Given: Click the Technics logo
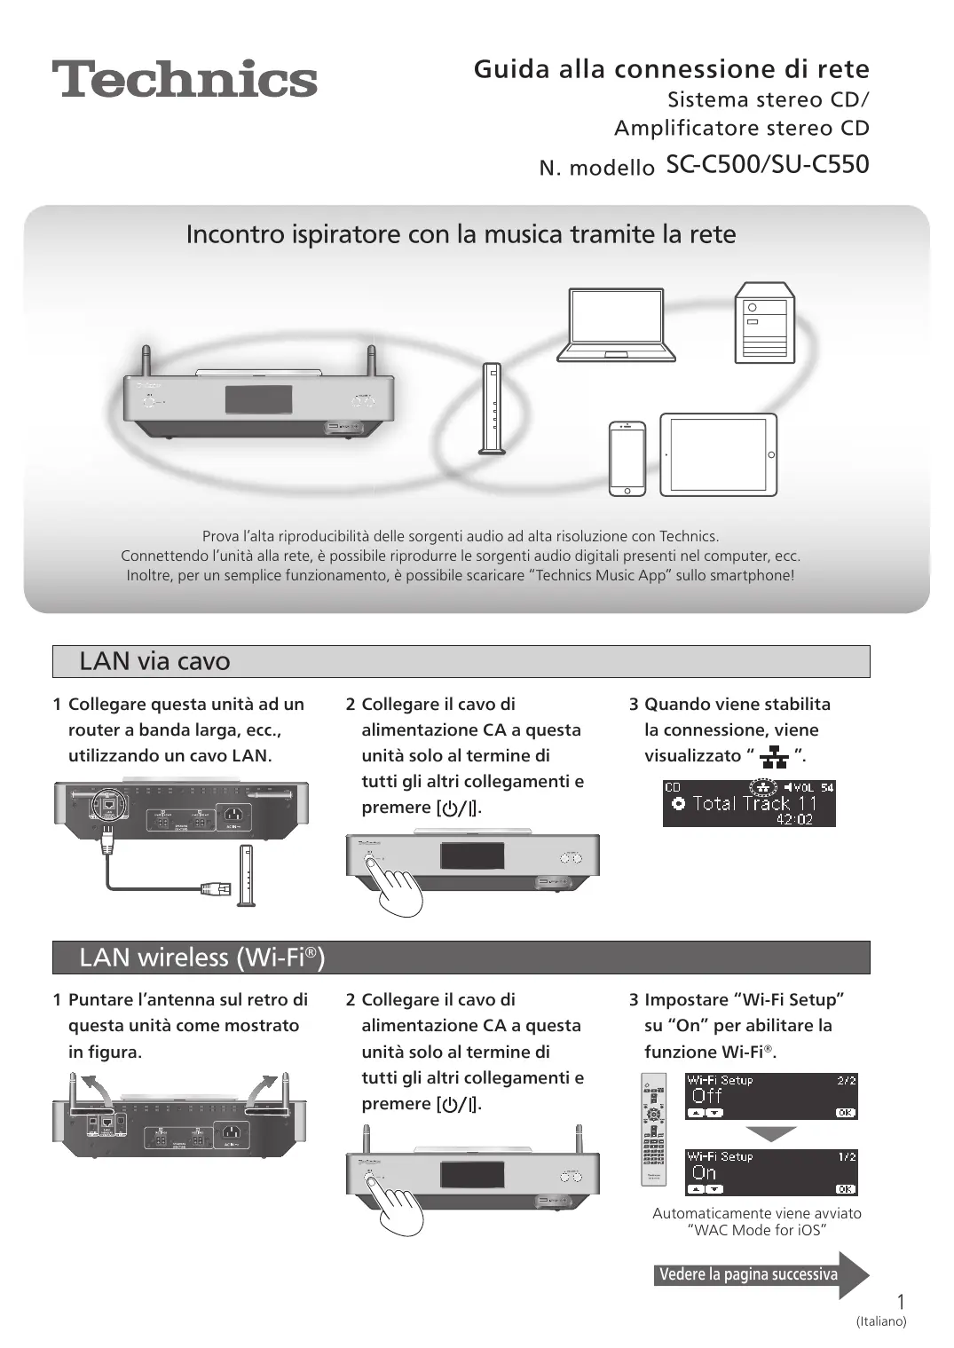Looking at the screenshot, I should (x=185, y=79).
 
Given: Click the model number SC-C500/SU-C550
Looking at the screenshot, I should (x=767, y=165).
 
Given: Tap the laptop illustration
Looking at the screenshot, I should (x=616, y=325).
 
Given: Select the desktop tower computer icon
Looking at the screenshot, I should (x=764, y=323).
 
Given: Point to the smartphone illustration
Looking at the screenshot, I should (x=627, y=458).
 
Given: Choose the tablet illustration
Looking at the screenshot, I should (x=718, y=454).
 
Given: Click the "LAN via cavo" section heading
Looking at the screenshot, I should (x=154, y=661).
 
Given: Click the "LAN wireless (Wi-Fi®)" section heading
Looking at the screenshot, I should (x=201, y=958).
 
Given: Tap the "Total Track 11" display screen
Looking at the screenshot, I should (x=749, y=803).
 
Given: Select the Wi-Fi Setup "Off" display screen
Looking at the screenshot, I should (x=771, y=1096).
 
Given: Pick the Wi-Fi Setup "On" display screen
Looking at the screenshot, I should (x=771, y=1172).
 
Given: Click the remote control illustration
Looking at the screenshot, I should (x=653, y=1130).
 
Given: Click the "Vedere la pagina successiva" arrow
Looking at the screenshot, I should (x=760, y=1274).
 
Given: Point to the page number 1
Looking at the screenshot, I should (x=901, y=1302).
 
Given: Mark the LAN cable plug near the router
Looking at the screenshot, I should (x=216, y=887).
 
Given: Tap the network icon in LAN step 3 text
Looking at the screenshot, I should (x=774, y=757).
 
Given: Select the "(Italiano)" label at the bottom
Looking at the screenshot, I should (x=881, y=1321).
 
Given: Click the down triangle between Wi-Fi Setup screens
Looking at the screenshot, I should (x=771, y=1134).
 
